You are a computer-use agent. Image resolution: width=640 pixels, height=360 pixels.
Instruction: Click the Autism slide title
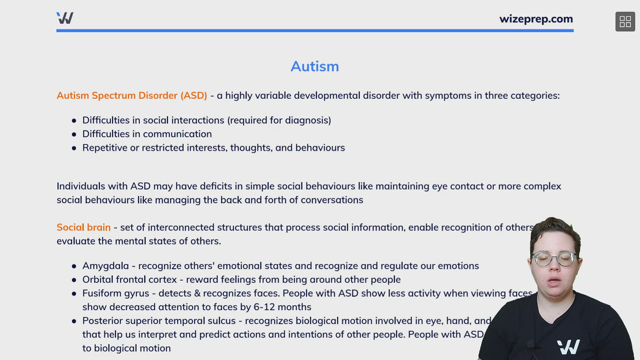(315, 66)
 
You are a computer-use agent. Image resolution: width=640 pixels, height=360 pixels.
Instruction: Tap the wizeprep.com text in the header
(536, 19)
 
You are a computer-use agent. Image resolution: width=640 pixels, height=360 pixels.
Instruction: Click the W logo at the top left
(65, 18)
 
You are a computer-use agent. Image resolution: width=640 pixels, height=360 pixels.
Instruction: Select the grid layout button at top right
(625, 22)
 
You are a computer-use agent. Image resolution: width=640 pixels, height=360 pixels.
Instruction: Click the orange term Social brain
(84, 227)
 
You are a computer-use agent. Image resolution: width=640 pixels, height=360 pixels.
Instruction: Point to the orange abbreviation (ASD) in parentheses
(194, 96)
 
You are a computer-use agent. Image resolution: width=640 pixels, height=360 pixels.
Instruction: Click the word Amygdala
(105, 266)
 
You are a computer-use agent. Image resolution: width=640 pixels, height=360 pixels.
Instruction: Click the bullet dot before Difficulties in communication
(74, 134)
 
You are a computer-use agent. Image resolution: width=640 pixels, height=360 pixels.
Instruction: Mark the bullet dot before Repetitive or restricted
(74, 148)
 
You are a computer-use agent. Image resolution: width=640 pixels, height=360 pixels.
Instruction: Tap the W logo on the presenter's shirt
(568, 347)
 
